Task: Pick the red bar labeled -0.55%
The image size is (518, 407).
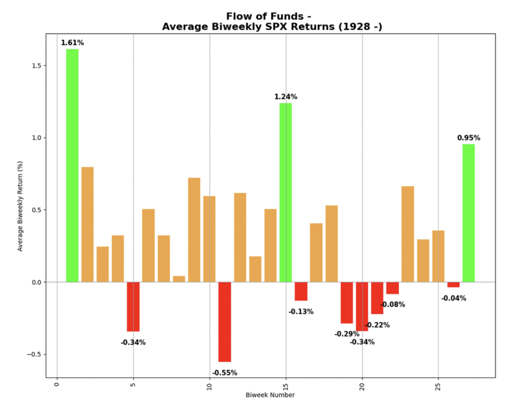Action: [x=225, y=322]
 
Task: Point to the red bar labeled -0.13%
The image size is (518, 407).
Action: [x=301, y=291]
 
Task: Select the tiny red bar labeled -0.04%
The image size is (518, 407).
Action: [x=453, y=285]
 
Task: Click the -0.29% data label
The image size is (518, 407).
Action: [x=347, y=334]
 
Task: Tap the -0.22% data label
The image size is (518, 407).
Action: [x=377, y=325]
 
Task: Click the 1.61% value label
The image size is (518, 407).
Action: [x=72, y=43]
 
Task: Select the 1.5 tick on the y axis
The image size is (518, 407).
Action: [x=37, y=66]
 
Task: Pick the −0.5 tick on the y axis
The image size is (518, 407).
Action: [x=34, y=354]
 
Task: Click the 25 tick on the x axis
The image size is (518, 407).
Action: [x=438, y=387]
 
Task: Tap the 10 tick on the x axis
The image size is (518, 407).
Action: [x=209, y=387]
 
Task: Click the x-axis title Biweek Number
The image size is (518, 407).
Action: [x=270, y=395]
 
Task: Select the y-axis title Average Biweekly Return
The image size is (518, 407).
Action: [x=20, y=206]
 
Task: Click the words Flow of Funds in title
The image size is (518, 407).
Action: [x=265, y=16]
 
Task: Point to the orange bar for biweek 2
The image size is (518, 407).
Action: [x=87, y=224]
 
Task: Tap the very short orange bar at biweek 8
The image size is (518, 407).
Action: [x=179, y=279]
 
